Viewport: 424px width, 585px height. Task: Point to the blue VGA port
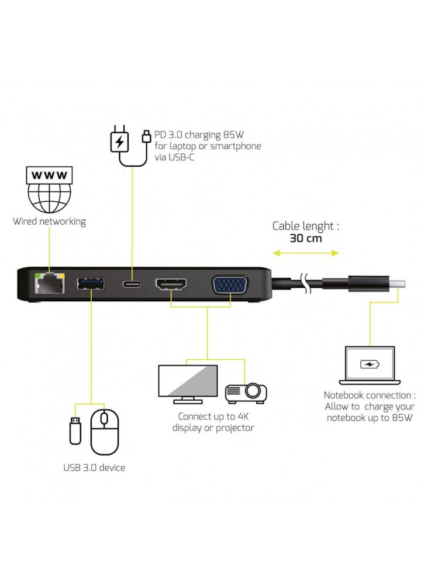[230, 285]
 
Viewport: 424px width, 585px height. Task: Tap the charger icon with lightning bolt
[120, 142]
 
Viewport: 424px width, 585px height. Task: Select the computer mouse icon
[105, 431]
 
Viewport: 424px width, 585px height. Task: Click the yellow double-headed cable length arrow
[306, 253]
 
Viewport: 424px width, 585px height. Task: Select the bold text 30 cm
[306, 239]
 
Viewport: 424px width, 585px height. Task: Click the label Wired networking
[49, 222]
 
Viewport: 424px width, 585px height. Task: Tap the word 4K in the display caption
[243, 416]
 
